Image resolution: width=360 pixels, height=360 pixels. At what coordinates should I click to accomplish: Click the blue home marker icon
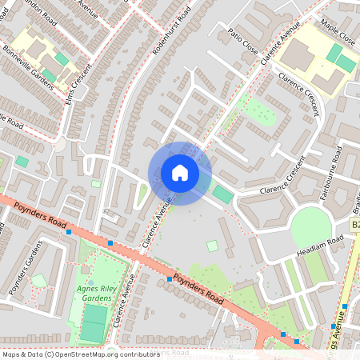point(180,173)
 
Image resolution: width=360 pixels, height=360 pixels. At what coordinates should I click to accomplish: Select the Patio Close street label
point(245,42)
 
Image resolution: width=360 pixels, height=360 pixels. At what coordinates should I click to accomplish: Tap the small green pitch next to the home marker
point(222,194)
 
